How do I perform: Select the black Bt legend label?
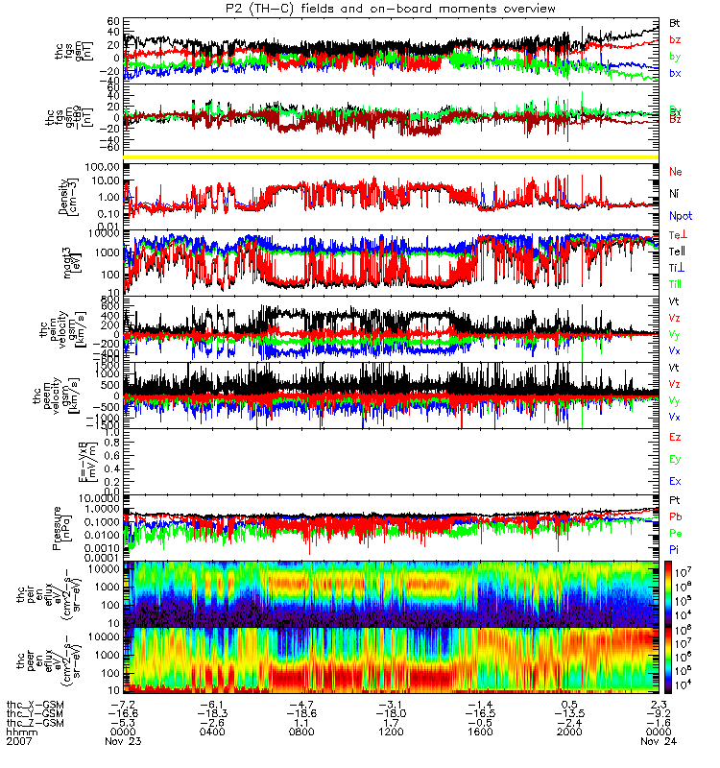675,21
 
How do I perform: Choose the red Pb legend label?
676,517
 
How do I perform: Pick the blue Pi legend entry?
675,548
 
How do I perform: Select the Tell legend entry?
677,251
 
